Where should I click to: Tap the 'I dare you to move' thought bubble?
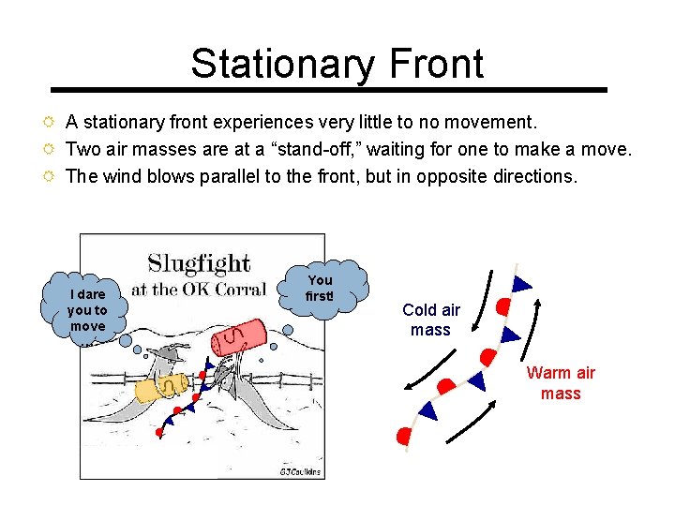click(x=87, y=310)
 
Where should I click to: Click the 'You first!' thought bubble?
click(x=322, y=289)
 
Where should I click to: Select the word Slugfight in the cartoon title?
click(x=199, y=262)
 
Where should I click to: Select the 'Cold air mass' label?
click(x=431, y=320)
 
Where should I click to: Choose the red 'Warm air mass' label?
click(x=561, y=382)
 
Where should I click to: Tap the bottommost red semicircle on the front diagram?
click(x=405, y=436)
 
